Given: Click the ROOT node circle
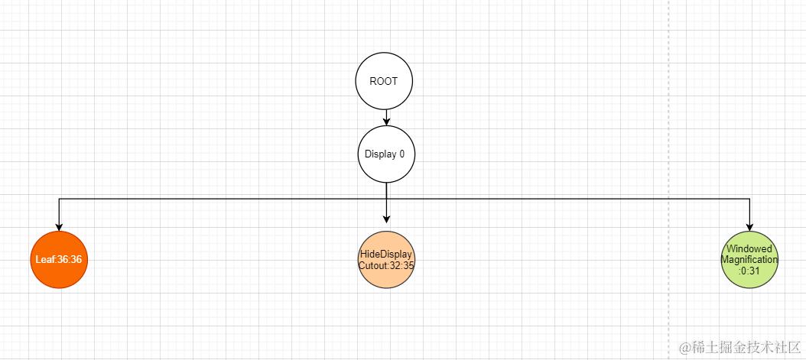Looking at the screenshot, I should pyautogui.click(x=384, y=81).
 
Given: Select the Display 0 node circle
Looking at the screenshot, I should pyautogui.click(x=386, y=154).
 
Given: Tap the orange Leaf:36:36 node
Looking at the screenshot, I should pyautogui.click(x=59, y=260).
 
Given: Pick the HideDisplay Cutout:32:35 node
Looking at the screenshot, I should pyautogui.click(x=386, y=260).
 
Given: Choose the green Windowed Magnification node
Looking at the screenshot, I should pyautogui.click(x=749, y=260).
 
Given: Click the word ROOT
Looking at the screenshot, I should pyautogui.click(x=384, y=81).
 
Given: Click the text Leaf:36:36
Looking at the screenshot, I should pyautogui.click(x=59, y=260).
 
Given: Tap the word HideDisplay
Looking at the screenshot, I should pyautogui.click(x=386, y=255).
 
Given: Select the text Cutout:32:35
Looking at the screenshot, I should pyautogui.click(x=386, y=266).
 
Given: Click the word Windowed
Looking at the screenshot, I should pyautogui.click(x=749, y=249).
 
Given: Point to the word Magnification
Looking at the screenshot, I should pyautogui.click(x=749, y=260).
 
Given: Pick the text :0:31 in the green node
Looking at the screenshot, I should pyautogui.click(x=749, y=270).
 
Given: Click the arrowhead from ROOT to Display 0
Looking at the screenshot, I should pyautogui.click(x=386, y=121).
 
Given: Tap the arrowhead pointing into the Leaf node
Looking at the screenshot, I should pyautogui.click(x=59, y=226).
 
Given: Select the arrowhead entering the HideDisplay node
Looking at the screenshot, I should pyautogui.click(x=386, y=219).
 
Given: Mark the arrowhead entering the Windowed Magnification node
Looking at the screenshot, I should pyautogui.click(x=749, y=226).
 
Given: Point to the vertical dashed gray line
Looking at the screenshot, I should pyautogui.click(x=669, y=153).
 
